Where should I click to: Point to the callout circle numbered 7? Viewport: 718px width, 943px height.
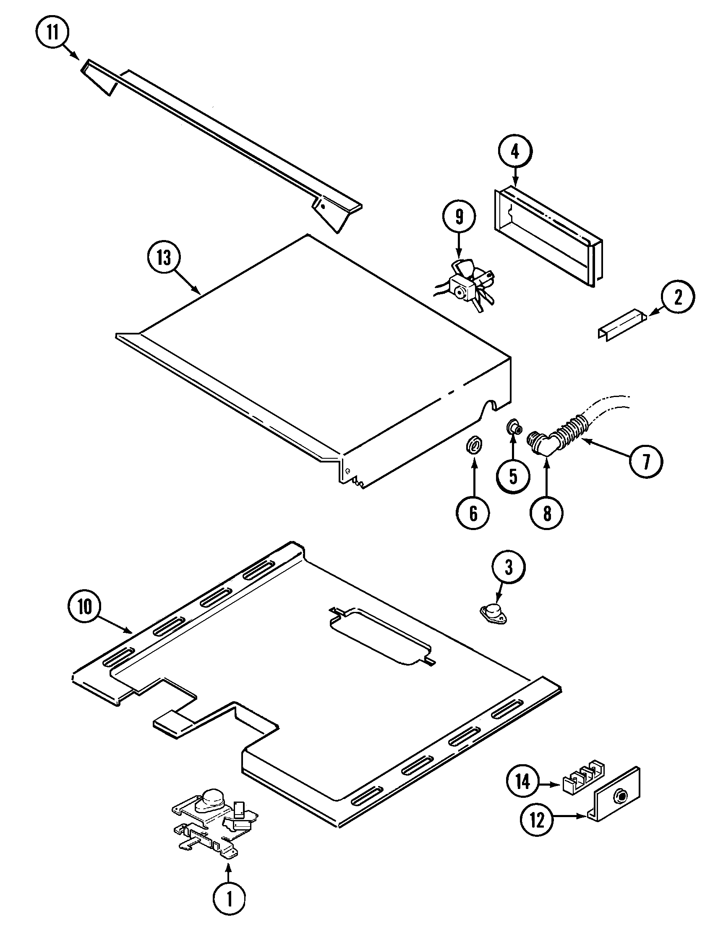[x=646, y=462]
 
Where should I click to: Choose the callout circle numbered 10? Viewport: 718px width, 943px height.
[x=85, y=606]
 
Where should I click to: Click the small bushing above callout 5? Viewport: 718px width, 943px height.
[x=513, y=428]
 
